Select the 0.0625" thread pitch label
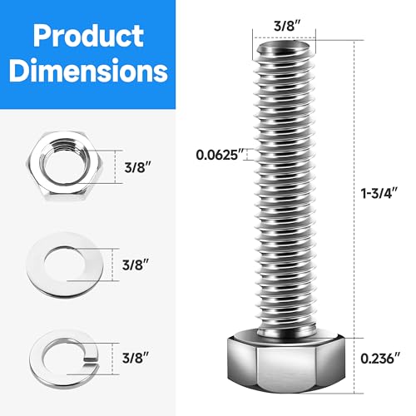tap(220, 154)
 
